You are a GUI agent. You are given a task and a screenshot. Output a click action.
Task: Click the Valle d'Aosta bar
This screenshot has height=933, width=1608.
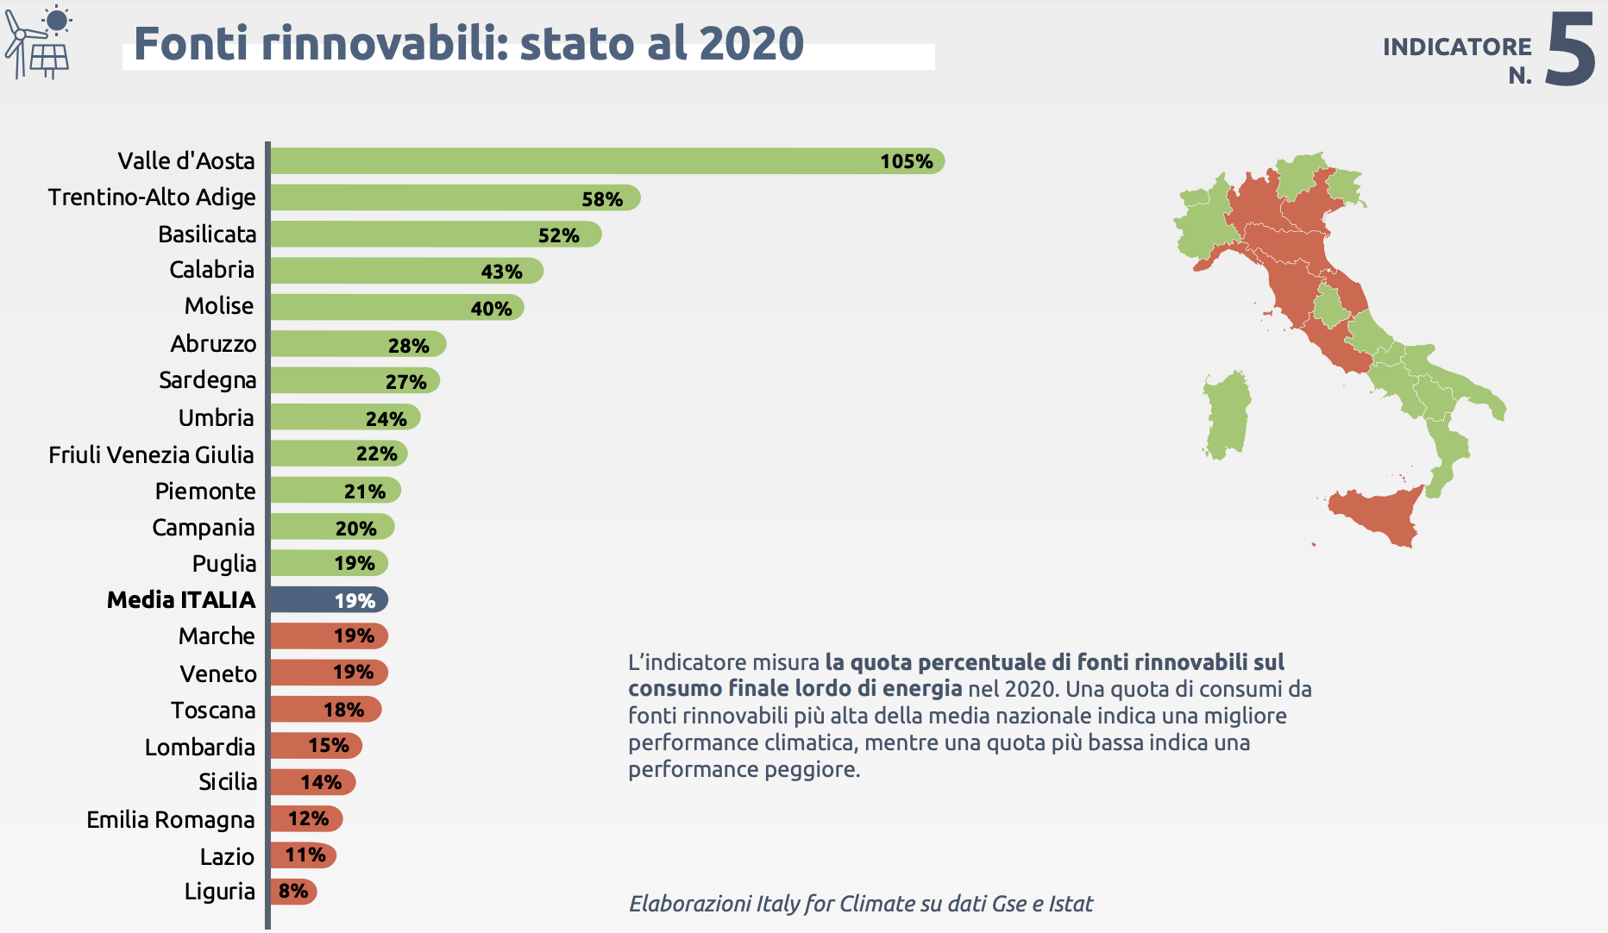pyautogui.click(x=604, y=161)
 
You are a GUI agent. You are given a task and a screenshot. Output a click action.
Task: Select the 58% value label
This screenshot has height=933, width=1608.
pyautogui.click(x=602, y=199)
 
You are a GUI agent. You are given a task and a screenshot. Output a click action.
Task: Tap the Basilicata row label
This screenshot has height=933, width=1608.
pyautogui.click(x=207, y=235)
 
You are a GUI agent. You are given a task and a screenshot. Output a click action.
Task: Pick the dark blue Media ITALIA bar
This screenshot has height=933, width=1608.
pyautogui.click(x=328, y=600)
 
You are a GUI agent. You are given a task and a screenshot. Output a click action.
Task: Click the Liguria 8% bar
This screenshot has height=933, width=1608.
pyautogui.click(x=293, y=892)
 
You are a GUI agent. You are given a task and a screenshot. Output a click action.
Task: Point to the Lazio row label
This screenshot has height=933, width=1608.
pyautogui.click(x=227, y=856)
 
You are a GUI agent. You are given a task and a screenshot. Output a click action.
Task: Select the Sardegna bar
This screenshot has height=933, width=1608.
pyautogui.click(x=354, y=381)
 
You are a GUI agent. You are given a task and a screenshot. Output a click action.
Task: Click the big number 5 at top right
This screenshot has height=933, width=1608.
pyautogui.click(x=1570, y=50)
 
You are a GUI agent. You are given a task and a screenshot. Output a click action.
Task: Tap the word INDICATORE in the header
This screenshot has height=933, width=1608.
pyautogui.click(x=1457, y=47)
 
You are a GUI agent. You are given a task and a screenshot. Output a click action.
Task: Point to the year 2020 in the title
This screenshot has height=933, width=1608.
pyautogui.click(x=751, y=44)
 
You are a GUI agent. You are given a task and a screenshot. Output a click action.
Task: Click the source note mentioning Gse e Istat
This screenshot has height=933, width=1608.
pyautogui.click(x=860, y=904)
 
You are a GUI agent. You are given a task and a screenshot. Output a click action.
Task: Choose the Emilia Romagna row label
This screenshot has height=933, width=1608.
pyautogui.click(x=171, y=820)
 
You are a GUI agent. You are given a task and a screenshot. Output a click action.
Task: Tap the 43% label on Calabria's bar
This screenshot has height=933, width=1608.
pyautogui.click(x=502, y=272)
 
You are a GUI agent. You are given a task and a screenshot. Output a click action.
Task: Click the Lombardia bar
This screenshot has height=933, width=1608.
pyautogui.click(x=315, y=746)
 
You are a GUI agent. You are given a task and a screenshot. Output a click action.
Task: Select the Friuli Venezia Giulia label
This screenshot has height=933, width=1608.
pyautogui.click(x=151, y=454)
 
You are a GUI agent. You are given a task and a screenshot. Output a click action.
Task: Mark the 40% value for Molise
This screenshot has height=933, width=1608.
pyautogui.click(x=492, y=309)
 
